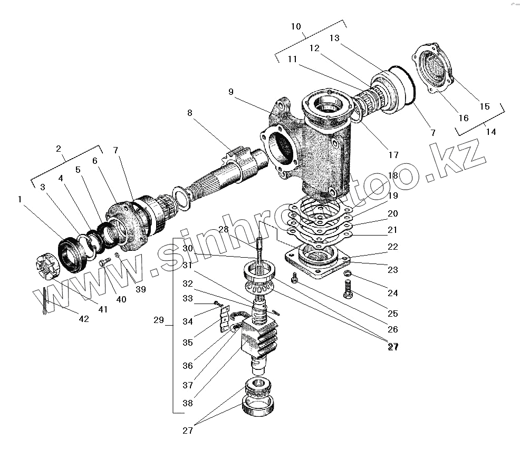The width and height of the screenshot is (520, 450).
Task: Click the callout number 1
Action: pyautogui.click(x=20, y=199)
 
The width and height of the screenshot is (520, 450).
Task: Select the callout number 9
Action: pyautogui.click(x=231, y=91)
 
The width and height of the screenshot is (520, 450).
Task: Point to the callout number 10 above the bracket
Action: pyautogui.click(x=296, y=26)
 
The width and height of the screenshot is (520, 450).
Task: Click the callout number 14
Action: pyautogui.click(x=490, y=132)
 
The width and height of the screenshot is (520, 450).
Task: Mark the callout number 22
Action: pyautogui.click(x=392, y=247)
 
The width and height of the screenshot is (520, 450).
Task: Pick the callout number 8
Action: pyautogui.click(x=190, y=112)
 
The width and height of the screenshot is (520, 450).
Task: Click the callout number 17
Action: pyautogui.click(x=393, y=155)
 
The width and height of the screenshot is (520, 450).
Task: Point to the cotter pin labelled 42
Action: pyautogui.click(x=45, y=305)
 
